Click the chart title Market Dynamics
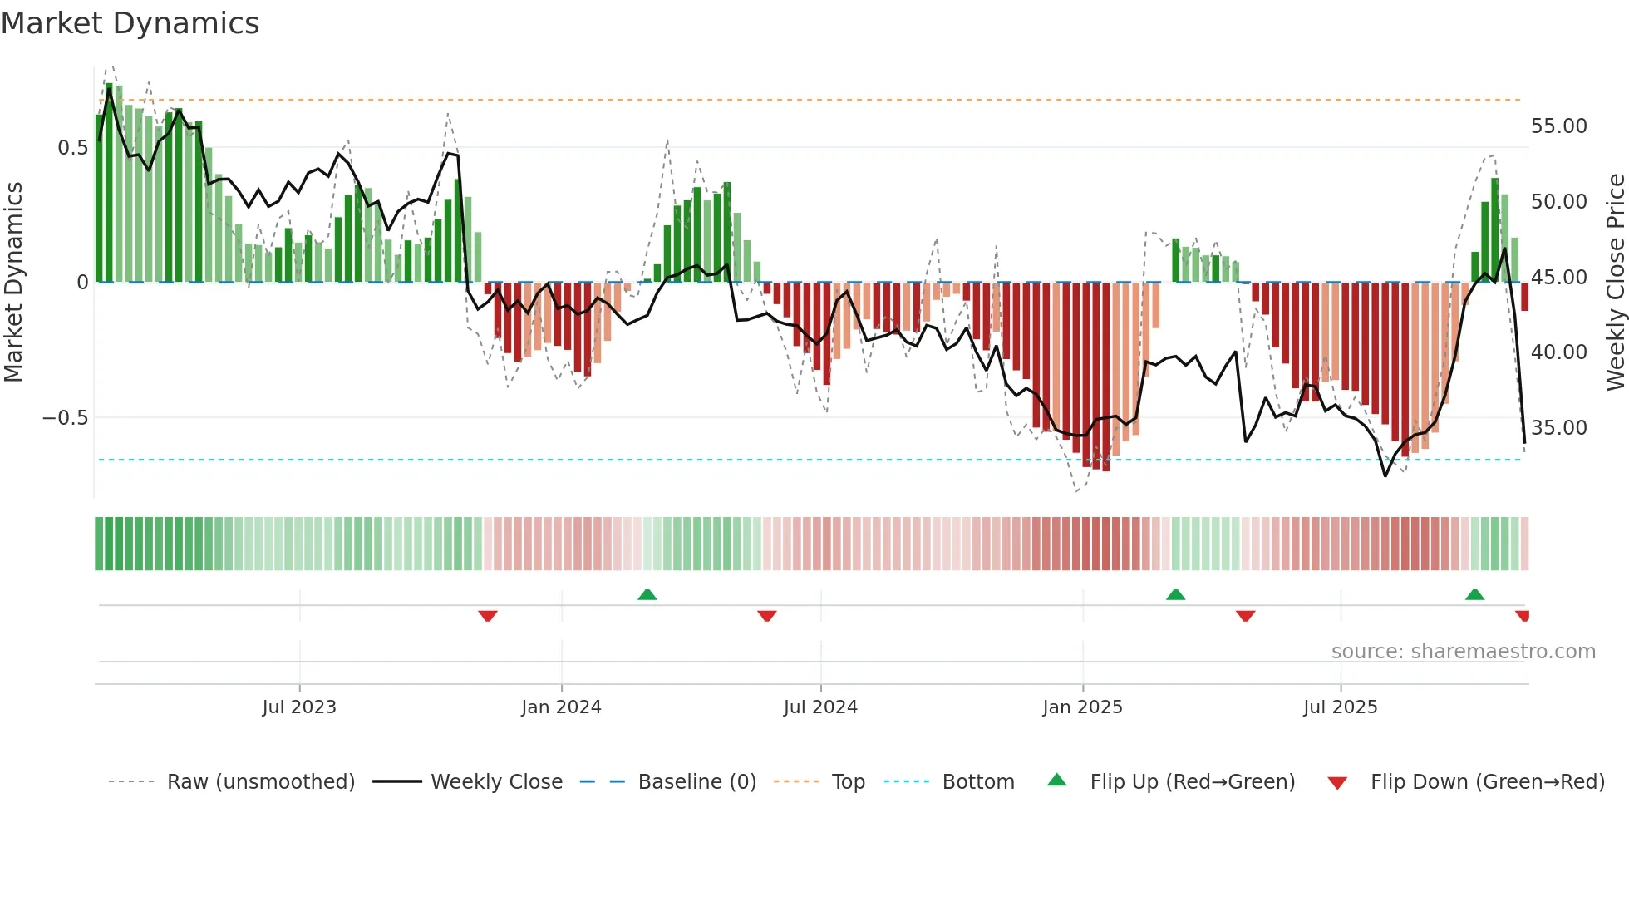pos(130,23)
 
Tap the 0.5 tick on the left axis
pos(72,148)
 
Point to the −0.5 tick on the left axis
pos(66,417)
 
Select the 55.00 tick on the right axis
pos(1558,126)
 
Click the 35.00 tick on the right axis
pos(1558,428)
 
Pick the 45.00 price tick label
pos(1558,278)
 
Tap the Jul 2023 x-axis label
pos(299,707)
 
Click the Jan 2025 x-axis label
pos(1082,707)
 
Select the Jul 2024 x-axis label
pos(820,707)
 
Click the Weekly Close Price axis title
pos(1615,283)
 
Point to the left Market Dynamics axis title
pos(13,283)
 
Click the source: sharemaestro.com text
pos(1463,652)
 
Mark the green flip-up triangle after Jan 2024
pos(647,594)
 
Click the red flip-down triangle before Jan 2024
pos(488,616)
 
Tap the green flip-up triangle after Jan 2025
pos(1175,594)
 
